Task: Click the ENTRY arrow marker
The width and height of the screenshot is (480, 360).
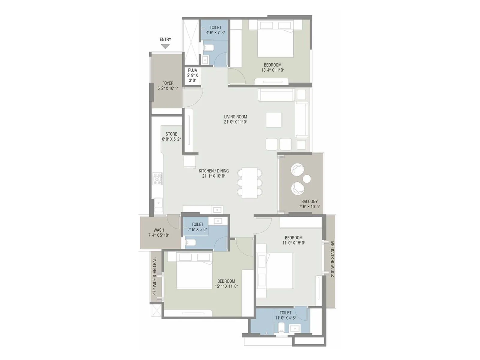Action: [165, 46]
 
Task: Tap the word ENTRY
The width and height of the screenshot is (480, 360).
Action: [165, 39]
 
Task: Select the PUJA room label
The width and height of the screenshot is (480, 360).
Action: [193, 70]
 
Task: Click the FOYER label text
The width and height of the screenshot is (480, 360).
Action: [168, 83]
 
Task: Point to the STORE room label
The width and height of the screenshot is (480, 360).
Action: [171, 134]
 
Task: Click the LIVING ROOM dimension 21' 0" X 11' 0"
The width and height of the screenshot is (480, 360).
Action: [235, 122]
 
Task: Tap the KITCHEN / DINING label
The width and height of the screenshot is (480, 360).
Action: [214, 171]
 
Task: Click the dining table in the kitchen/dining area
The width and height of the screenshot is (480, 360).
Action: [250, 183]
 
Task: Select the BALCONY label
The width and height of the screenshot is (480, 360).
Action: [309, 202]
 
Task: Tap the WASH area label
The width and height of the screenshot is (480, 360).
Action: [159, 230]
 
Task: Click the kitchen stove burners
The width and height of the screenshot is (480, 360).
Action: [157, 179]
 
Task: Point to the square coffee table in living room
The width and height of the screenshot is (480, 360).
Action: [273, 120]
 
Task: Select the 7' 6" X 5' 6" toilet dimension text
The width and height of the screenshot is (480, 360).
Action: [197, 229]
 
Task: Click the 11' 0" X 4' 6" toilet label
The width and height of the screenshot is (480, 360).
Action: [285, 313]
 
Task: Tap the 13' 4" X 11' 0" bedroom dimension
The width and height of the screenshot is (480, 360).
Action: [273, 70]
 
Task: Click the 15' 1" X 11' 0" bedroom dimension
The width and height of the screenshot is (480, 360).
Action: [226, 286]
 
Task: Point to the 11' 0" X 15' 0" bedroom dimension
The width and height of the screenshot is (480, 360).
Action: [294, 243]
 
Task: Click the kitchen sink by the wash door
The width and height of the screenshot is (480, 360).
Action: [158, 203]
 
